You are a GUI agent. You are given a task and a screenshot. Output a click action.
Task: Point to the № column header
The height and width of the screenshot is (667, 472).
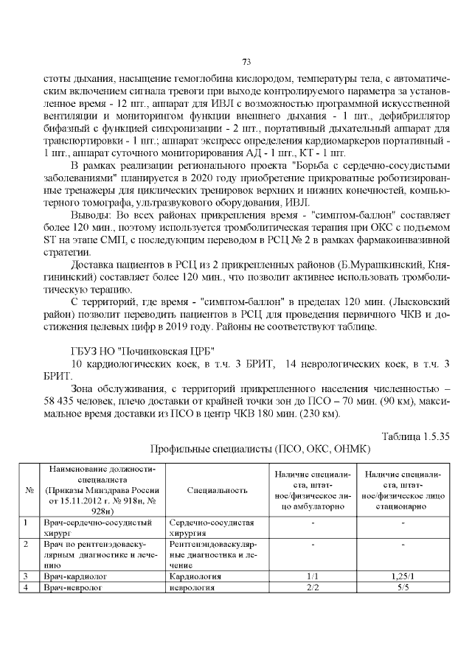click(28, 489)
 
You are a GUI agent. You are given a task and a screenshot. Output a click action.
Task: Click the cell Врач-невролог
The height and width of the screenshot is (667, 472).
click(71, 588)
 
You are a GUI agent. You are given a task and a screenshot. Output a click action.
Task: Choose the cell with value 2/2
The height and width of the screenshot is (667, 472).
click(311, 588)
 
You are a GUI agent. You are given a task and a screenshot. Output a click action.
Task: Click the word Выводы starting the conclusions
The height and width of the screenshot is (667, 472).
click(91, 215)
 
